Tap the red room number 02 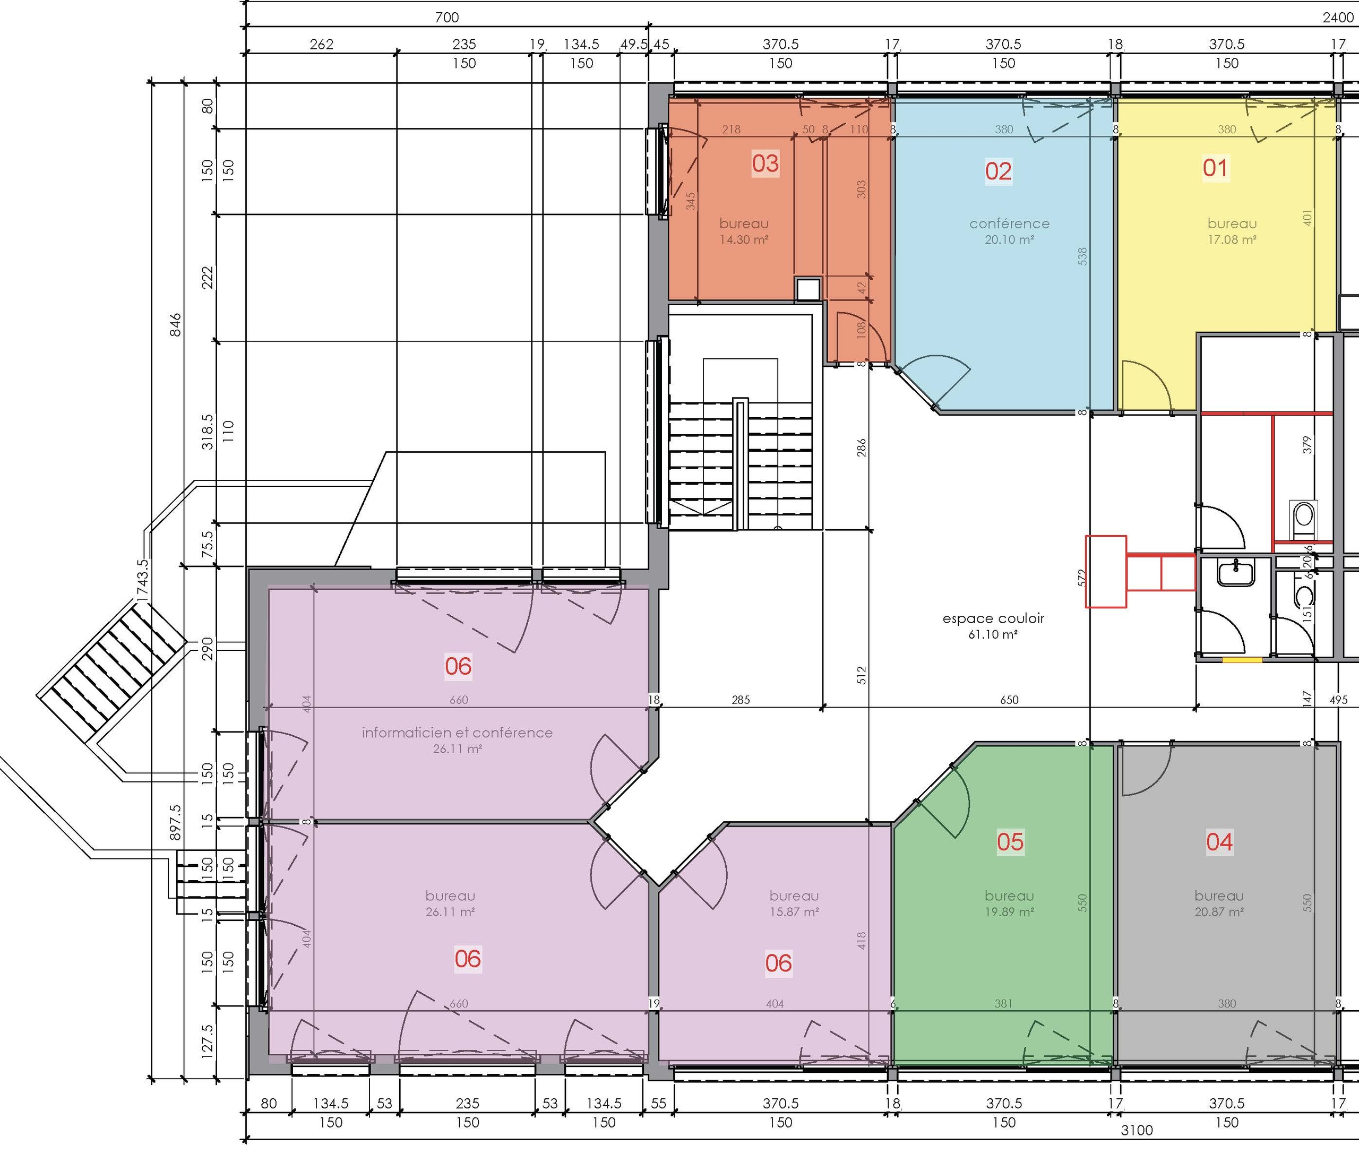click(x=998, y=171)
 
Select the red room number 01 click(x=1215, y=168)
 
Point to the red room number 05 click(x=1010, y=841)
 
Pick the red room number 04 click(x=1219, y=841)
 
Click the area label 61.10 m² click(x=993, y=634)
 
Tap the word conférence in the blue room click(x=1009, y=223)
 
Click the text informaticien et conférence click(x=457, y=733)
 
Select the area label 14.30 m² click(x=744, y=239)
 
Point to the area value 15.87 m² click(x=794, y=911)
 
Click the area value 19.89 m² click(x=1009, y=911)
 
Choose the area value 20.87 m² click(x=1219, y=911)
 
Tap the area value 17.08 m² click(x=1233, y=239)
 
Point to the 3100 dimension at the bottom click(x=1137, y=1130)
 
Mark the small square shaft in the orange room click(x=808, y=289)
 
